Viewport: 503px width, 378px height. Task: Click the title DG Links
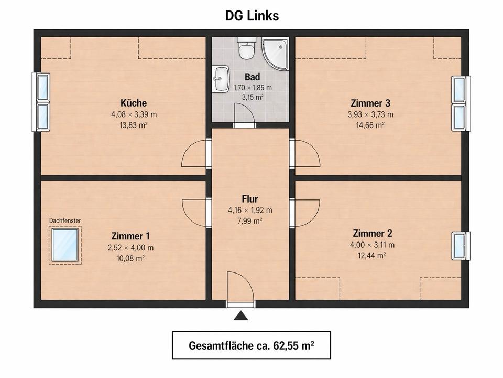point(251,16)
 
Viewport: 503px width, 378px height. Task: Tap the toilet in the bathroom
point(245,48)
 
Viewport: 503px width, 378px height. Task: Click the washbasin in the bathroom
point(221,79)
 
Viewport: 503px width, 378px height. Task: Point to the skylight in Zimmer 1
point(65,245)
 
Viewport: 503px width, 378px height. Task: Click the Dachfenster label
point(65,220)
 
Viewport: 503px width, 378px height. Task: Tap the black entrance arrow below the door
point(240,316)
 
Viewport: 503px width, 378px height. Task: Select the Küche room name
point(134,103)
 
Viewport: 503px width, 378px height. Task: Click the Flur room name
point(250,199)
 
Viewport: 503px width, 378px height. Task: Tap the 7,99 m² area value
point(250,221)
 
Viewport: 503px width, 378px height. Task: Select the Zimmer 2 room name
point(373,234)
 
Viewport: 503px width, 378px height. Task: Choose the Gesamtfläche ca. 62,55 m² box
point(251,345)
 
